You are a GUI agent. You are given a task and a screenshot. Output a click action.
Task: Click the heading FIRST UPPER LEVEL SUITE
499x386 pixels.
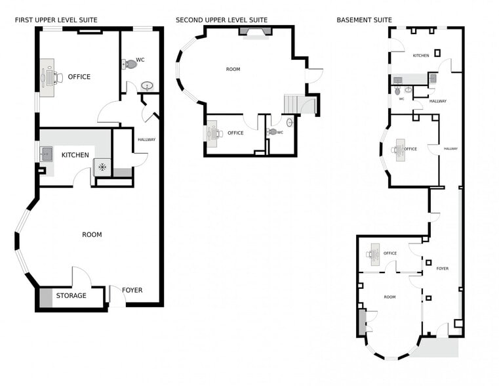[x=56, y=20]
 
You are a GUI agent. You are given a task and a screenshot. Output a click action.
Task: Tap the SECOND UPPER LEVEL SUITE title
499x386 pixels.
[x=222, y=20]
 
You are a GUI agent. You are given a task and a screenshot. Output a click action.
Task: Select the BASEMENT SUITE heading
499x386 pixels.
[x=364, y=20]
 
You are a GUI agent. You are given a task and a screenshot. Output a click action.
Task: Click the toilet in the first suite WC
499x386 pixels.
[x=130, y=64]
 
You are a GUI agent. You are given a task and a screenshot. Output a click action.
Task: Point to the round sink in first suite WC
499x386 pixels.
[x=147, y=86]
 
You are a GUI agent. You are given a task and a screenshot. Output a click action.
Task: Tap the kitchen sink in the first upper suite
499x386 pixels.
[x=46, y=154]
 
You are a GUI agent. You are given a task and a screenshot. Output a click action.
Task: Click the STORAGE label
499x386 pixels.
[x=71, y=295]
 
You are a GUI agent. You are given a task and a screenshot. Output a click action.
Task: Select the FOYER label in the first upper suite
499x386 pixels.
[x=132, y=290]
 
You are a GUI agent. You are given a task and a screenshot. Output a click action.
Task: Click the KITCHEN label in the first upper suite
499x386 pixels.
[x=75, y=155]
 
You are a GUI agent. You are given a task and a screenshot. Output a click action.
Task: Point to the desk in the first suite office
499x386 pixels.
[x=47, y=77]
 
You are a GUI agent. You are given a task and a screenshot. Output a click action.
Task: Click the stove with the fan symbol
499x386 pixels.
[x=102, y=167]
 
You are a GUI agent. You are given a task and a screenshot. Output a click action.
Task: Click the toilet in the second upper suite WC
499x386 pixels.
[x=272, y=131]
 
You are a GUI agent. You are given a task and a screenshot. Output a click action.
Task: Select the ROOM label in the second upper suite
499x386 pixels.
[x=233, y=69]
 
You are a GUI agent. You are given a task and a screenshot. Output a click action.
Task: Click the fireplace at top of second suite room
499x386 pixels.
[x=256, y=32]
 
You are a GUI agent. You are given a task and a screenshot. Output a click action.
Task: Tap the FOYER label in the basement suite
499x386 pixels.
[x=443, y=268]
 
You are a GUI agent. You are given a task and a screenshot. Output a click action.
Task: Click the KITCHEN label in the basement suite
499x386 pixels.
[x=421, y=55]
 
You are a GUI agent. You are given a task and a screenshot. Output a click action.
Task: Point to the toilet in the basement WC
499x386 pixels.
[x=397, y=91]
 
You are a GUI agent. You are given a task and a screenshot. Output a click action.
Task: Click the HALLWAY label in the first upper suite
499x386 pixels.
[x=147, y=139]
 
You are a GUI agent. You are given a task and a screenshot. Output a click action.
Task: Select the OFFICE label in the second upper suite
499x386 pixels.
[x=235, y=133]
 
